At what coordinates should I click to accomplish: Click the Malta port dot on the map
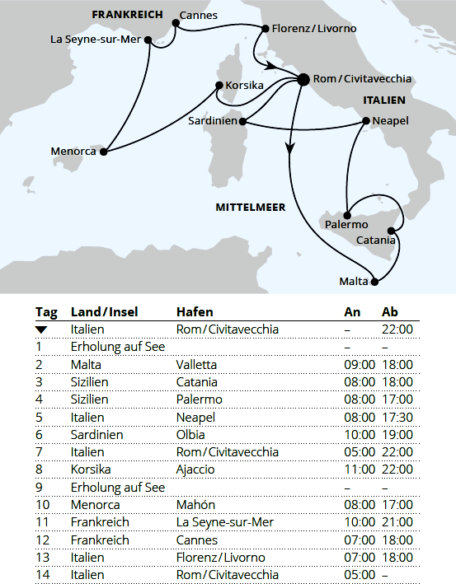[374, 283]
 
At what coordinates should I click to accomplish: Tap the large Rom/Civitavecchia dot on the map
[303, 79]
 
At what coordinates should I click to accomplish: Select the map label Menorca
[74, 152]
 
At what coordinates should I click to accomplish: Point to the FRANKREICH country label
[127, 15]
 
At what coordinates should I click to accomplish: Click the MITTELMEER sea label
[251, 208]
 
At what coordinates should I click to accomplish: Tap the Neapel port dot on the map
[365, 121]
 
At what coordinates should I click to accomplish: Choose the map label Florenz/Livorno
[314, 29]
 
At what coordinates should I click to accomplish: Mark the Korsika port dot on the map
[217, 85]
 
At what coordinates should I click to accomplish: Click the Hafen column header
[195, 312]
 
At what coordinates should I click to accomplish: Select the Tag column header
[46, 312]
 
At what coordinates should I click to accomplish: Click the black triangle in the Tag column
[42, 329]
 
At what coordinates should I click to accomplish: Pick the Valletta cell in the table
[196, 364]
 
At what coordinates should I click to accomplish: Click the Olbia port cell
[190, 434]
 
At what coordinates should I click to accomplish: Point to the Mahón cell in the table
[195, 505]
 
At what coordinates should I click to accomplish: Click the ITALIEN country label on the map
[383, 100]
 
